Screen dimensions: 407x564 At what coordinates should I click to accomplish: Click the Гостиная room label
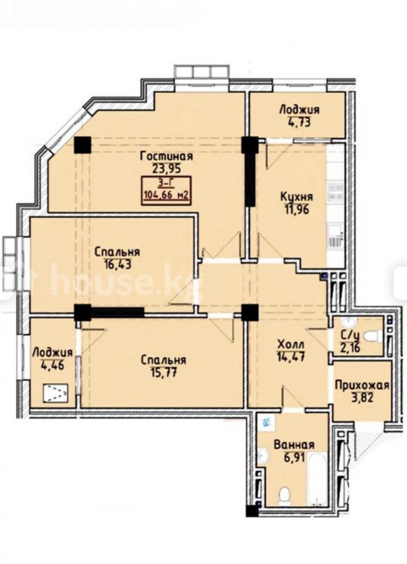coord(167,156)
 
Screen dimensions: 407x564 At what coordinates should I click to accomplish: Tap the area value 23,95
coord(167,169)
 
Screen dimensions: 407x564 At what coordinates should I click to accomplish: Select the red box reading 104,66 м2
coord(167,191)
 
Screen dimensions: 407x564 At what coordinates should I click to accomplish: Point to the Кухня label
coord(297,197)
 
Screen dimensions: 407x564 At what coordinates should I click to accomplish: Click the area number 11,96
coord(297,209)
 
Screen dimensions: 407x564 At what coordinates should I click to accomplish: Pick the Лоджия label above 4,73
coord(299,109)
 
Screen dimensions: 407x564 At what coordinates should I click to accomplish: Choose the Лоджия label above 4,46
coord(53,352)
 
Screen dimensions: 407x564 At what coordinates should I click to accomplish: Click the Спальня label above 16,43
coord(117,252)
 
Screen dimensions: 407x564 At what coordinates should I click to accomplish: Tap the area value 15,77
coord(163,372)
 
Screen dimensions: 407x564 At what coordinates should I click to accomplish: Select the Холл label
coord(291,345)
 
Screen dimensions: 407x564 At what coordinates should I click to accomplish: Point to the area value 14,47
coord(291,357)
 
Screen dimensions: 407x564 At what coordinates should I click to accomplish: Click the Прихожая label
coord(362,385)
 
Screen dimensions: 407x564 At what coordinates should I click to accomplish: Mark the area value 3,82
coord(361,398)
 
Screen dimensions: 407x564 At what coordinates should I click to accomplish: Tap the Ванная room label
coord(294,444)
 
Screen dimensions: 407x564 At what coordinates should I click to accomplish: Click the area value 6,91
coord(294,457)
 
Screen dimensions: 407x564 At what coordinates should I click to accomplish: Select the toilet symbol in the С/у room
coord(373,337)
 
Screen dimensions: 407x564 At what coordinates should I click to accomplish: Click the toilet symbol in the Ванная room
coord(284,495)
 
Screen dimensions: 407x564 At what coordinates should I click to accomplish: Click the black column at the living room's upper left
coord(82,145)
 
